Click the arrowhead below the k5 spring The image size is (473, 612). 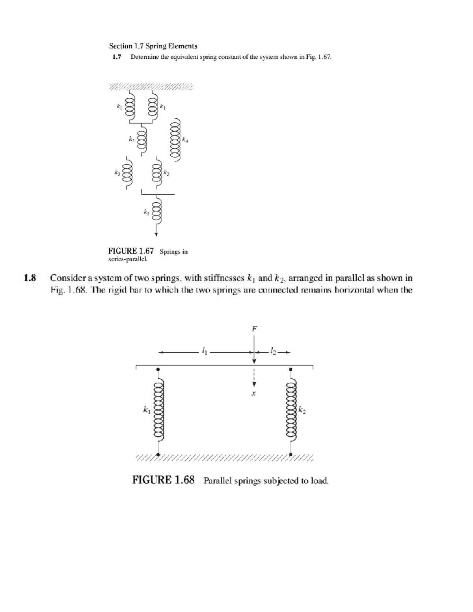156,234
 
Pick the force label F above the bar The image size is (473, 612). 254,328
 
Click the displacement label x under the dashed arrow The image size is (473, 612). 254,393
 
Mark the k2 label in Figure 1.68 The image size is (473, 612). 302,411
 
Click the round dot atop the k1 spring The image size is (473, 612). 158,369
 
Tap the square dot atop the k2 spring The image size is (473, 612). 291,369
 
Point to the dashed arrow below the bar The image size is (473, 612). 254,378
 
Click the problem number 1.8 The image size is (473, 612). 30,278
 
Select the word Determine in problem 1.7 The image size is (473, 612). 144,57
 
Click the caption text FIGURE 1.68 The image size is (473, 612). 163,480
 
